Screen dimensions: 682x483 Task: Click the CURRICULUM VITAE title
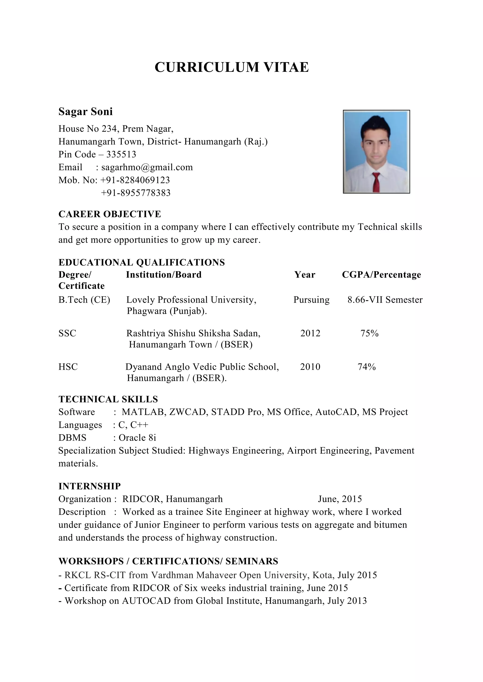[x=232, y=67]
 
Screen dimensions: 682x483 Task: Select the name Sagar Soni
[x=86, y=112]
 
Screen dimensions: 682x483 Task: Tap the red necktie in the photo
[x=376, y=181]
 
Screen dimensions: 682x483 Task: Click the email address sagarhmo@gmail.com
[x=147, y=167]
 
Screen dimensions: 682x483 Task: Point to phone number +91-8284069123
[x=135, y=180]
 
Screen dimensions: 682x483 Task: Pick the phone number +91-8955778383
[x=136, y=193]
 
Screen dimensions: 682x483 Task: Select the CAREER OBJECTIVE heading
[x=110, y=214]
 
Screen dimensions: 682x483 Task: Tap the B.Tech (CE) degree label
[x=84, y=300]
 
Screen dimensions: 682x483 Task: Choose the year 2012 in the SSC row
[x=310, y=333]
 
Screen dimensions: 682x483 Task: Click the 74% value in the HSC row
[x=366, y=367]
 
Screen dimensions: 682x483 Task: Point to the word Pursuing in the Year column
[x=311, y=300]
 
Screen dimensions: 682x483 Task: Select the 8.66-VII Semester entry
[x=385, y=300]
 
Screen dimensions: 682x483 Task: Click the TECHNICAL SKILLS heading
[x=108, y=399]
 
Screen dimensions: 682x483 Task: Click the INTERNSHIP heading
[x=90, y=486]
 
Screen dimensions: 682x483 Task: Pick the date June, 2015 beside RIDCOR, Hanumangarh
[x=340, y=499]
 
